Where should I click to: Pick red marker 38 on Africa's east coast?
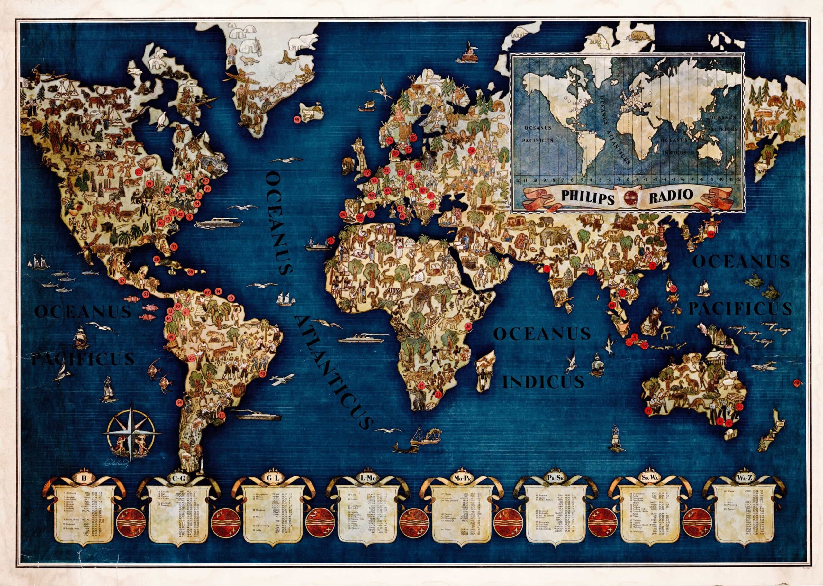coord(468,326)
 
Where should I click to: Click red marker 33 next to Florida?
coord(174,247)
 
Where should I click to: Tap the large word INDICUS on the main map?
coord(543,381)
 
